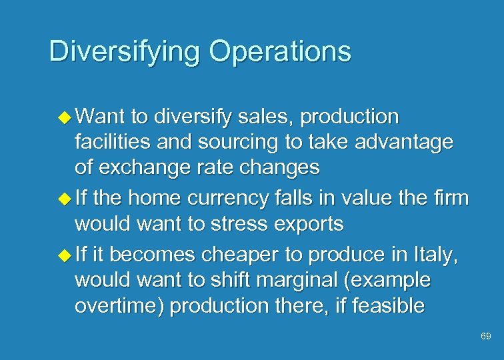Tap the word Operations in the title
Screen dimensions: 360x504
[x=280, y=51]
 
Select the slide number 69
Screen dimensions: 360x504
[x=486, y=337]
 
